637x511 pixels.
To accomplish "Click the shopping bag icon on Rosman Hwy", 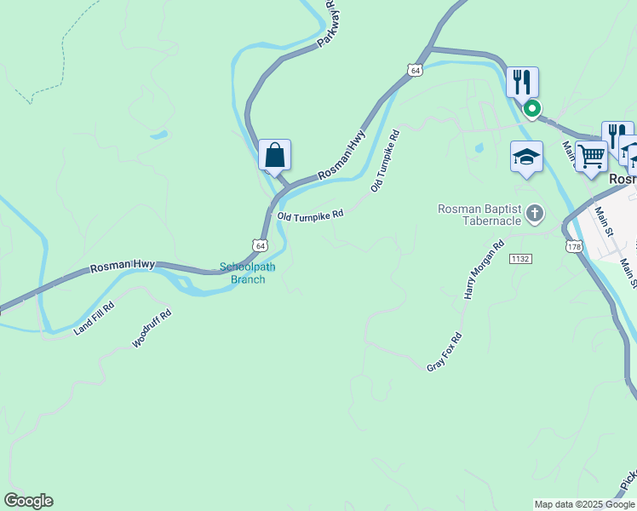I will click(x=274, y=156).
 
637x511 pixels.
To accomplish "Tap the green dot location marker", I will click(x=532, y=109).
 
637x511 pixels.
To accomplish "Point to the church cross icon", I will click(x=534, y=213).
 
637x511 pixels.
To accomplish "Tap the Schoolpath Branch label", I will click(x=248, y=273).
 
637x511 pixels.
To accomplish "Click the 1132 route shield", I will click(x=521, y=257).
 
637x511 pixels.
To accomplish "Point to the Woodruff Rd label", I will click(x=152, y=328).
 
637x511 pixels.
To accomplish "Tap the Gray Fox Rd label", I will click(x=444, y=351).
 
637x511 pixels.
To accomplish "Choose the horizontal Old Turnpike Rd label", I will click(x=310, y=215).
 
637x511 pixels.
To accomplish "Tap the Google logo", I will click(x=28, y=501).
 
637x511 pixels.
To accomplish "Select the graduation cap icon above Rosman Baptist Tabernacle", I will click(x=526, y=158).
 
